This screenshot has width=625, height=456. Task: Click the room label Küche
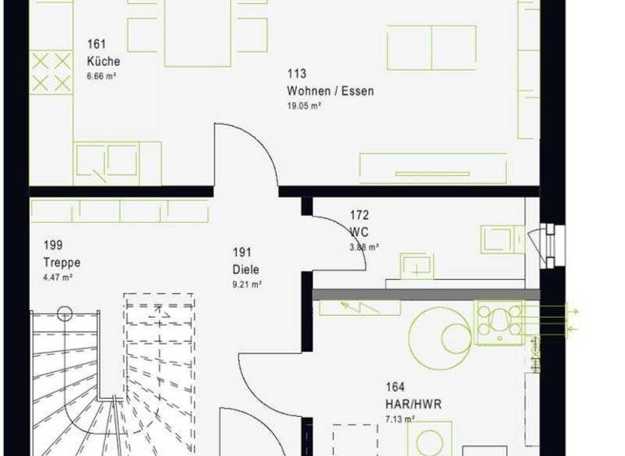pyautogui.click(x=103, y=61)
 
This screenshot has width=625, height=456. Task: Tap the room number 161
pyautogui.click(x=96, y=45)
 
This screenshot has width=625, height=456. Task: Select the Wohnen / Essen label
pyautogui.click(x=330, y=91)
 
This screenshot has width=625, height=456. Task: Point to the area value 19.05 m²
pyautogui.click(x=304, y=106)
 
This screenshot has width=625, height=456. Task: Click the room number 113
pyautogui.click(x=296, y=75)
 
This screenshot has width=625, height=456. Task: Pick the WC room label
pyautogui.click(x=359, y=231)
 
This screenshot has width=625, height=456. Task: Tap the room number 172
pyautogui.click(x=359, y=216)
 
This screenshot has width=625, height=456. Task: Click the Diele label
pyautogui.click(x=245, y=270)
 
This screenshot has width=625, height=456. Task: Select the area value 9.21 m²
pyautogui.click(x=247, y=284)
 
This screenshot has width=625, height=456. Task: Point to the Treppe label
pyautogui.click(x=62, y=262)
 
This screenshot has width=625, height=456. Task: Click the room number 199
pyautogui.click(x=54, y=245)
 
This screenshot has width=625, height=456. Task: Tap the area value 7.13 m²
pyautogui.click(x=400, y=419)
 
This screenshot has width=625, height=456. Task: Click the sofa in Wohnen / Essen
pyautogui.click(x=431, y=47)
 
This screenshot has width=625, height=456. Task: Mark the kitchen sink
pyautogui.click(x=107, y=160)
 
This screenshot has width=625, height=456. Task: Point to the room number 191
pyautogui.click(x=242, y=253)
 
